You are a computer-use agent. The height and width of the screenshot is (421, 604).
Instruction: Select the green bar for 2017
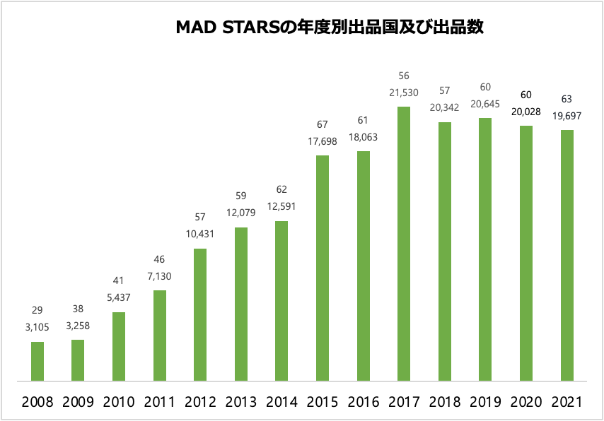[404, 244]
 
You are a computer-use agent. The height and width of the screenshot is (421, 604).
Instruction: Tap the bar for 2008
[37, 362]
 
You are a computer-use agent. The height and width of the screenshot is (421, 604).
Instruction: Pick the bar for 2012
[200, 315]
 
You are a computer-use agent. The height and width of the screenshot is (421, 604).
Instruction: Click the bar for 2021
[567, 255]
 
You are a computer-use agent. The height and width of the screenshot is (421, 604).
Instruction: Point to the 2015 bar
[323, 268]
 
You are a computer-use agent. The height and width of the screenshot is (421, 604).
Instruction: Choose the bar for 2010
[119, 347]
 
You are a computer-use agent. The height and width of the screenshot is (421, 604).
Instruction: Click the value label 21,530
[404, 93]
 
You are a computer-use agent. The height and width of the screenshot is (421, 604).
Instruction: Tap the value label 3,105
[37, 328]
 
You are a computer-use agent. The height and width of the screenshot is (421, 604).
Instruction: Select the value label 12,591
[281, 207]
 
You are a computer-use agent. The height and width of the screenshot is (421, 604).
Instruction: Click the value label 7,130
[160, 276]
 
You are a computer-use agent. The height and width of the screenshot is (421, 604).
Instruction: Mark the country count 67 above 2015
[323, 124]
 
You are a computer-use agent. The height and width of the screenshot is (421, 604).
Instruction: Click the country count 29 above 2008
[37, 311]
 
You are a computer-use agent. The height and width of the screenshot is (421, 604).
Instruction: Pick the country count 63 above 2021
[567, 99]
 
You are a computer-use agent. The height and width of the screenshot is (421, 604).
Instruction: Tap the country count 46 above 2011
[160, 259]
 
